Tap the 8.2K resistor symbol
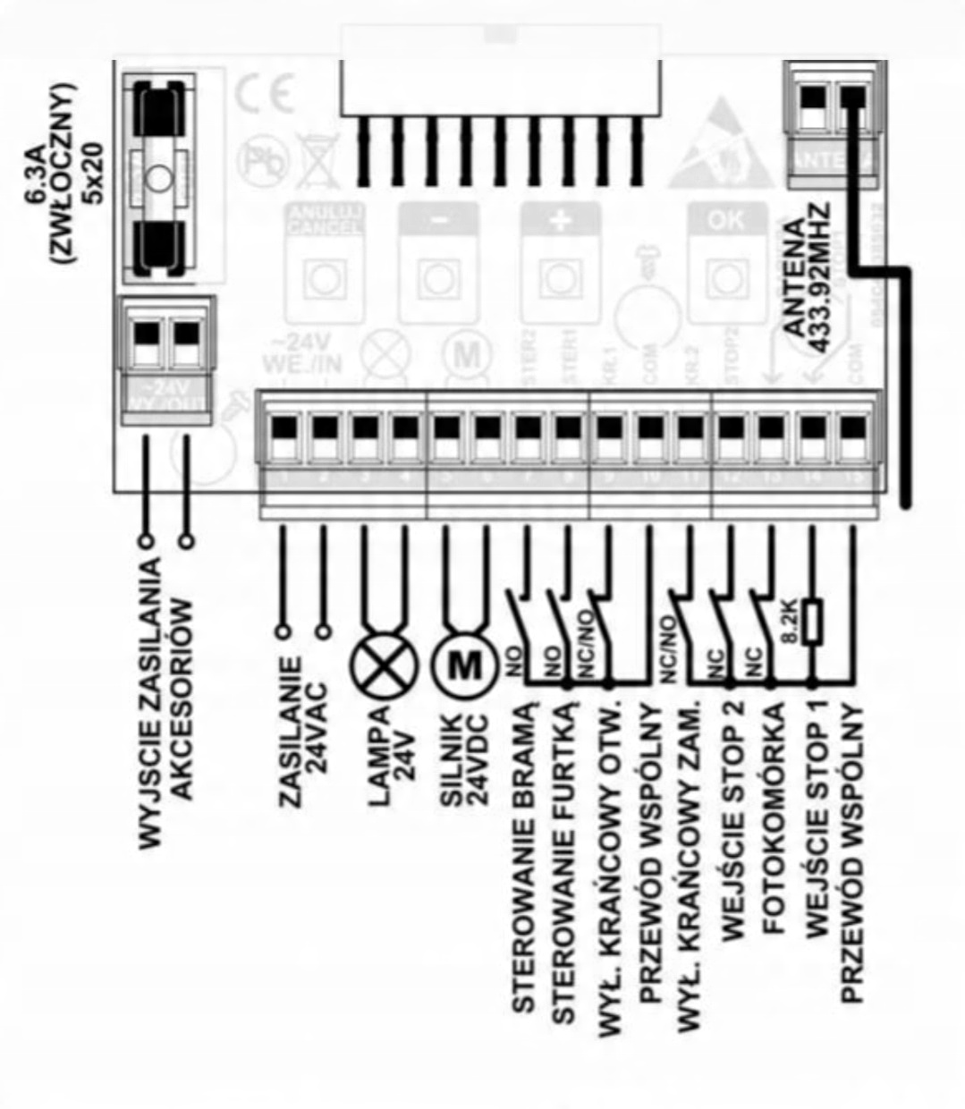tap(811, 622)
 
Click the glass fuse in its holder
tap(161, 178)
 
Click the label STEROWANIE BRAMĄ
tap(525, 859)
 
